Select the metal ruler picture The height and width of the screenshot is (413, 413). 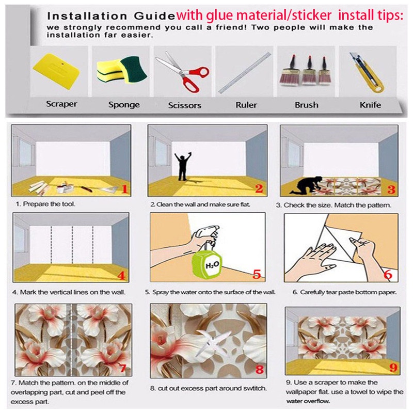244,72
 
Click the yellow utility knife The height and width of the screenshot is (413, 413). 367,72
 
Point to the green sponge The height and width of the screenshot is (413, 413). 134,69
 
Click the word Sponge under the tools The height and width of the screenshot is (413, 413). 124,105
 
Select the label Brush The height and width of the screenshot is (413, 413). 306,105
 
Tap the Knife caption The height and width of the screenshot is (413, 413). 370,105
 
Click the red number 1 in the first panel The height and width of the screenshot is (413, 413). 124,188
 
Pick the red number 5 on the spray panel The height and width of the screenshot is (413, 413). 257,274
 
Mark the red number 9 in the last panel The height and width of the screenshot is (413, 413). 393,367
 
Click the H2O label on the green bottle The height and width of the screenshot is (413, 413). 212,265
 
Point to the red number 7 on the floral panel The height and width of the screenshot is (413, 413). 123,368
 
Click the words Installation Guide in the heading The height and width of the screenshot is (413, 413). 111,16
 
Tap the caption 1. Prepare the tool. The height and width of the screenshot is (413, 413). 45,204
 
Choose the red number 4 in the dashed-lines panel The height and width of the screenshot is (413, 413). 121,276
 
